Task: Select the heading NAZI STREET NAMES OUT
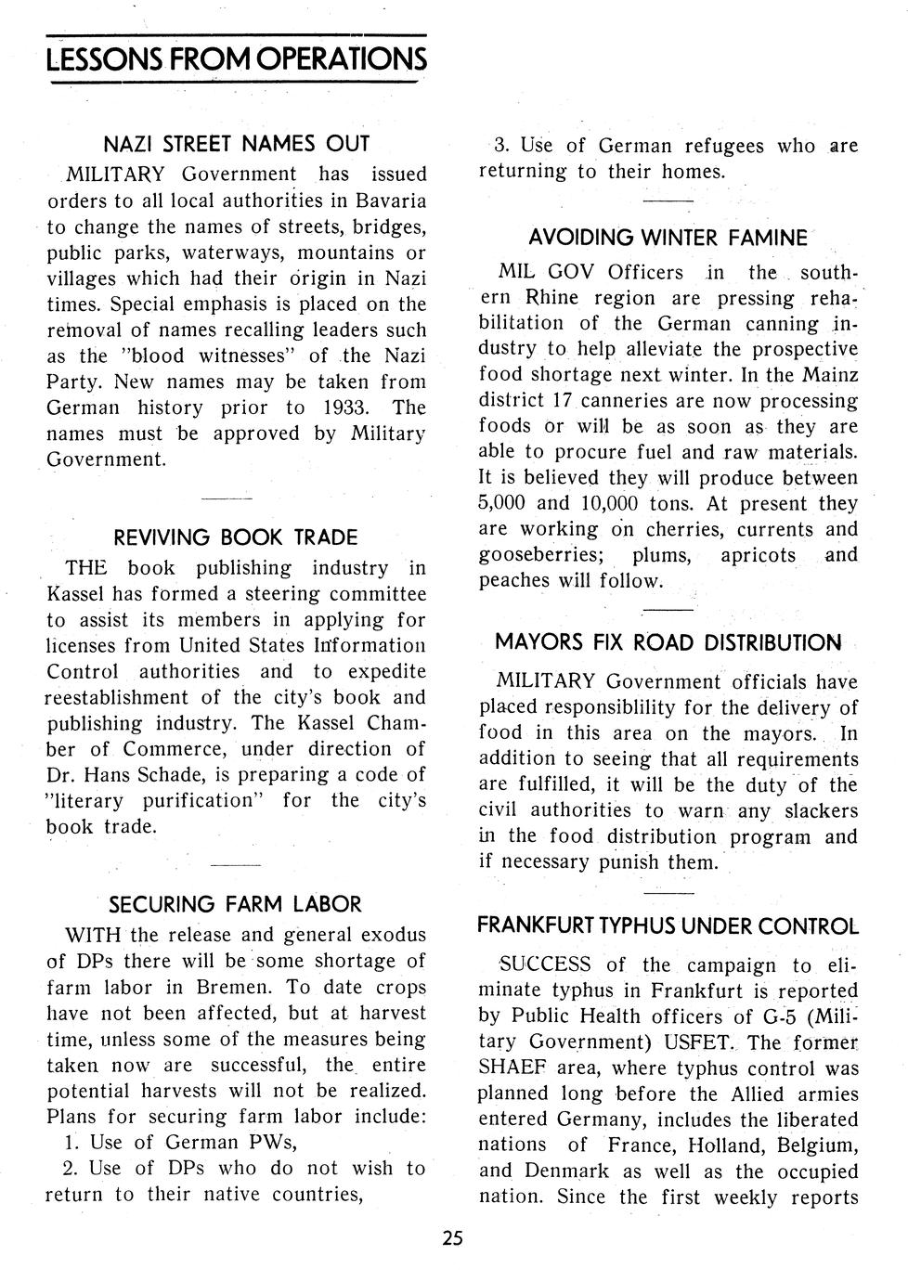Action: point(236,144)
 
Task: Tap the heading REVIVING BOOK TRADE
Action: point(235,537)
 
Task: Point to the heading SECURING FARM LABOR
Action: point(235,904)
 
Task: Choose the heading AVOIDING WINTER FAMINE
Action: point(668,238)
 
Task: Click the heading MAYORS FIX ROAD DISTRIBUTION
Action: point(668,642)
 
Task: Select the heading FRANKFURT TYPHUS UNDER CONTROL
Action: point(668,926)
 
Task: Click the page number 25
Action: point(453,1237)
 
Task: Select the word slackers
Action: point(821,811)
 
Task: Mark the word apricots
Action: point(758,556)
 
